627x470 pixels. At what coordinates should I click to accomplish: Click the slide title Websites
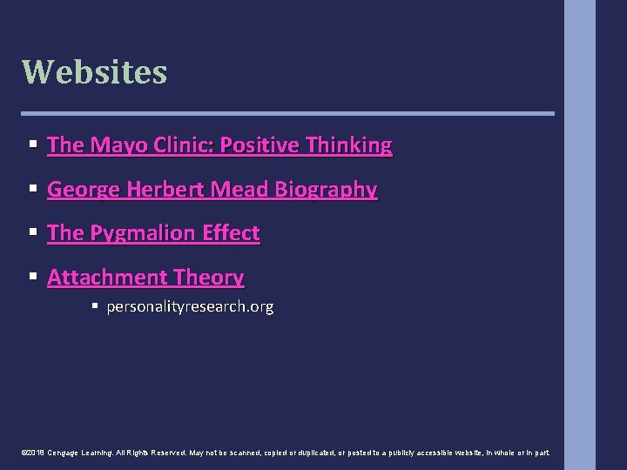click(94, 71)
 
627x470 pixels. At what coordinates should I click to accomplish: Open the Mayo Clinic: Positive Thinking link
click(219, 145)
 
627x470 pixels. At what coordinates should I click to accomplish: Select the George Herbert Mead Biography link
click(212, 190)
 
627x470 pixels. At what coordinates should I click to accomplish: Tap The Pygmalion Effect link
click(153, 233)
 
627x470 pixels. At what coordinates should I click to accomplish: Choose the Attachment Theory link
click(145, 278)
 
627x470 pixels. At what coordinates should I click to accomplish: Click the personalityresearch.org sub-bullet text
click(190, 306)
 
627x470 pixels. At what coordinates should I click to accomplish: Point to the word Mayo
click(113, 145)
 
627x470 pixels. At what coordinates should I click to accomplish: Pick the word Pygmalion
click(144, 233)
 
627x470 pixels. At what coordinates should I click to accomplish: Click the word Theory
click(208, 278)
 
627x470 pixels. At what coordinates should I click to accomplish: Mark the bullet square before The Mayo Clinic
click(32, 144)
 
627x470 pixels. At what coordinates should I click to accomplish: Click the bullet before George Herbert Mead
click(32, 189)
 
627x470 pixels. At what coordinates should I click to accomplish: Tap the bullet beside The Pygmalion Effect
click(32, 232)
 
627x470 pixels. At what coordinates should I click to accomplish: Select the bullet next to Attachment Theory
click(32, 277)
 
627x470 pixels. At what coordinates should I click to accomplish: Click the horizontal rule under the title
click(287, 113)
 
